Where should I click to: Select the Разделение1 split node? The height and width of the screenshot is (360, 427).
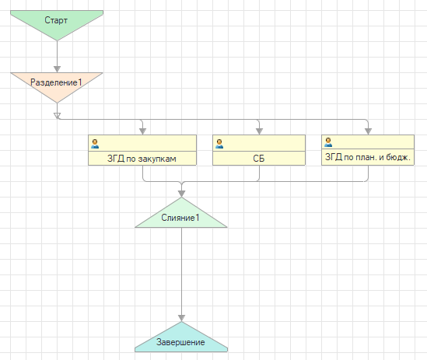[57, 86]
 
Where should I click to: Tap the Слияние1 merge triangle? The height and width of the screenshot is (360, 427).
[181, 215]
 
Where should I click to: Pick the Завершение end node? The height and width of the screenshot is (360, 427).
[181, 340]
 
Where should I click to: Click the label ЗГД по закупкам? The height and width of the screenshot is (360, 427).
[142, 159]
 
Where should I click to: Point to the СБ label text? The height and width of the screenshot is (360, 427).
[259, 159]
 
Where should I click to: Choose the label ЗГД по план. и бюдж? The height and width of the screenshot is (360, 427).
[368, 157]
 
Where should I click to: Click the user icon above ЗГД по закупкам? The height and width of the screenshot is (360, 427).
[95, 144]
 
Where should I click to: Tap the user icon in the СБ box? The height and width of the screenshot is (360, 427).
[219, 144]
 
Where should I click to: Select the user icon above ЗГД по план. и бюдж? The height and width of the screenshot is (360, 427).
[328, 142]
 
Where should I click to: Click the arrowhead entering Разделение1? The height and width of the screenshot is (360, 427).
[57, 69]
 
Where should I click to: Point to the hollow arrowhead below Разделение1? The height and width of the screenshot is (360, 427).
[57, 116]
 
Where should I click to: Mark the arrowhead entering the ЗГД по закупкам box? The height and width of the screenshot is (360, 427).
[142, 131]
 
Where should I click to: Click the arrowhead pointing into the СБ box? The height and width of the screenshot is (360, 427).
[259, 131]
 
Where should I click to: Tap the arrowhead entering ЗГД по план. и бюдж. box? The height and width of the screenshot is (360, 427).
[368, 131]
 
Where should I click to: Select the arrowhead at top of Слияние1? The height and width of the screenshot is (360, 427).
[182, 194]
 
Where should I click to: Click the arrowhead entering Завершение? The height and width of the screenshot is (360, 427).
[182, 318]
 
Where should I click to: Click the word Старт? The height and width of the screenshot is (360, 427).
[56, 20]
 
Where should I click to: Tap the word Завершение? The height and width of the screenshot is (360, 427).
[180, 342]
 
